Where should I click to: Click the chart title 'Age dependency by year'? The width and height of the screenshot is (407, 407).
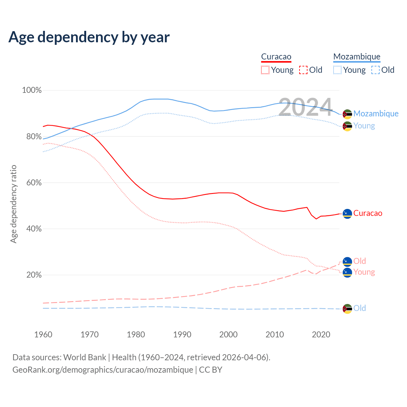pos(89,37)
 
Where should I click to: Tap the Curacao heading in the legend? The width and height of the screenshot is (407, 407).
pos(276,57)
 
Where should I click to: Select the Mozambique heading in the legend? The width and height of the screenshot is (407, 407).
pos(357,57)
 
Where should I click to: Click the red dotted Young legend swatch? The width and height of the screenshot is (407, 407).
pos(265,70)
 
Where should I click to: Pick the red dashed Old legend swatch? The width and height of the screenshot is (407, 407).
pos(303,70)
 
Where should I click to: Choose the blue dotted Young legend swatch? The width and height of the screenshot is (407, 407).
pos(337,70)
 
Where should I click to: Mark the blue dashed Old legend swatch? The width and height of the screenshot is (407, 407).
pos(376,70)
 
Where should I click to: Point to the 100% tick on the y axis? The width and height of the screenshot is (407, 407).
pos(32,90)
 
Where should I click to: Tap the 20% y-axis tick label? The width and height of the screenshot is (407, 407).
pos(34,275)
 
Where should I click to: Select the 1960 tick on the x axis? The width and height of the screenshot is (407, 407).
pos(43,335)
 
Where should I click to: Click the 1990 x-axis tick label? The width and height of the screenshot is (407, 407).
pos(182,335)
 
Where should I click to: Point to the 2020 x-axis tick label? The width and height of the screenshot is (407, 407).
pos(321,335)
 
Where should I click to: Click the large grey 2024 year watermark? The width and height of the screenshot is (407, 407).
pos(305,107)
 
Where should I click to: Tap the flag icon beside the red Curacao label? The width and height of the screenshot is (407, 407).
pos(347,213)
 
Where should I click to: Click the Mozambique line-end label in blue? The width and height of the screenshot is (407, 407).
pos(376,114)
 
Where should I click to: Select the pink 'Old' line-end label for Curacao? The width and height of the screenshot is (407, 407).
pos(360,261)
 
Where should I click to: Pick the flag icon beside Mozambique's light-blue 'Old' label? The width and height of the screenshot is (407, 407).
pos(347,308)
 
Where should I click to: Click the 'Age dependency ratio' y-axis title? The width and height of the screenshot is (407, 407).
pos(13,204)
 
